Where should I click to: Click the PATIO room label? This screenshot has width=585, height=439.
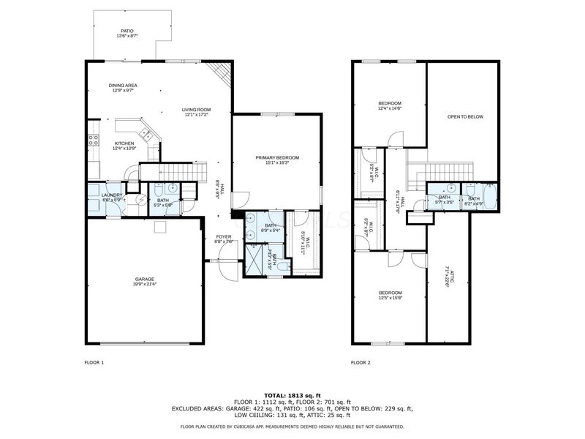(x=127, y=31)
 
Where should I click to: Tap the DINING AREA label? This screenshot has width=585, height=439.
(x=124, y=85)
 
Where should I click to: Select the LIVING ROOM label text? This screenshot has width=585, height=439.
(x=196, y=110)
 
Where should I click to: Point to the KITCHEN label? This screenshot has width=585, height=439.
(x=124, y=143)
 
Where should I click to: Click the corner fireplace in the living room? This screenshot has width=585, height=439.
(x=220, y=72)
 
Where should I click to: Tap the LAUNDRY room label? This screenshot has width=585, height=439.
(x=112, y=195)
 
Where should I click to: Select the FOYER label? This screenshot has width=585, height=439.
(x=223, y=236)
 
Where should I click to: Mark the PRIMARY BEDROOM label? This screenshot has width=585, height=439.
(x=276, y=157)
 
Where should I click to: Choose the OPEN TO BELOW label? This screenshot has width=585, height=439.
(x=465, y=116)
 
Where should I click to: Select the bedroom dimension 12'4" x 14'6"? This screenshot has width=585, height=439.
(x=389, y=108)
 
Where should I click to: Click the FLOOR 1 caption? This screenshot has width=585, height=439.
(x=94, y=362)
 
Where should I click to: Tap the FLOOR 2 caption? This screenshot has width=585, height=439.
(x=361, y=362)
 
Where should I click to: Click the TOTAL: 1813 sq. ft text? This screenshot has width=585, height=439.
(x=292, y=396)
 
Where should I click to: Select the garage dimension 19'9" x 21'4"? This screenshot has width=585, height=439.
(x=146, y=284)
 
